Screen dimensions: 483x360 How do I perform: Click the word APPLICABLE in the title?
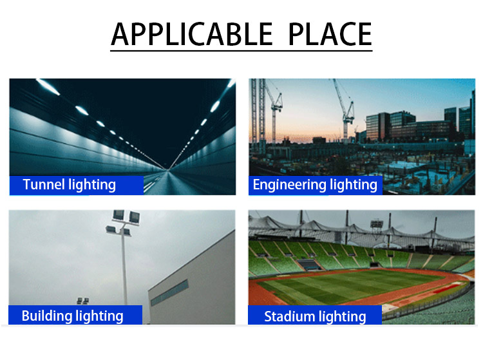[192, 34]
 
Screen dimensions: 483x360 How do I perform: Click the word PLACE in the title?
[330, 34]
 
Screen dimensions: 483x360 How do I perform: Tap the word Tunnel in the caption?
[44, 184]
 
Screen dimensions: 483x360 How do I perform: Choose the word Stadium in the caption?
[289, 317]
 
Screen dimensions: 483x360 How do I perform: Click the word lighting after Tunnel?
[92, 185]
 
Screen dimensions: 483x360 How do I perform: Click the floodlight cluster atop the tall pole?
[124, 222]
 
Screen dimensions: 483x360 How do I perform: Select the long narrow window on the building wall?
[169, 292]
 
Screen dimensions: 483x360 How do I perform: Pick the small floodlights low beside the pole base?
[83, 301]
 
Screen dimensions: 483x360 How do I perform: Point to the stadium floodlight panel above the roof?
[377, 223]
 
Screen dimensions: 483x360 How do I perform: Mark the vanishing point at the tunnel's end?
[168, 169]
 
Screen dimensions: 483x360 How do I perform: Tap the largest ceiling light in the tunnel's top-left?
[48, 87]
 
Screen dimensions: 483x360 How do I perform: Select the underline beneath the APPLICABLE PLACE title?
[241, 50]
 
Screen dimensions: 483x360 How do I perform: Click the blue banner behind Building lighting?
[75, 315]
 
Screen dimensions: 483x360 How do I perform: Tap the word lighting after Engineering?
[354, 185]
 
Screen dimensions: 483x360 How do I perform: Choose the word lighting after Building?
[99, 317]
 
